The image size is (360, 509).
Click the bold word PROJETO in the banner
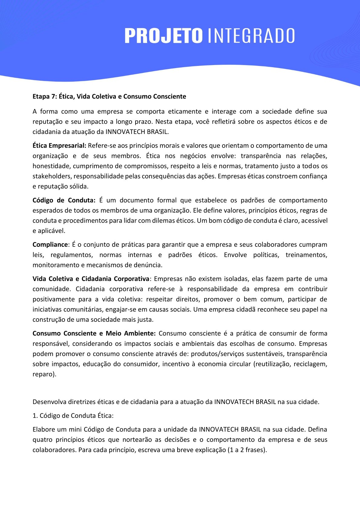pyautogui.click(x=163, y=36)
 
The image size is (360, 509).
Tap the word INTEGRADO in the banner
pyautogui.click(x=251, y=36)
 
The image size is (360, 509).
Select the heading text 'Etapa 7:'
pyautogui.click(x=45, y=96)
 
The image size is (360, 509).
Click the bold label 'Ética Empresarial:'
pyautogui.click(x=60, y=145)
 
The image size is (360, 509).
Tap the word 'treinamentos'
pyautogui.click(x=306, y=255)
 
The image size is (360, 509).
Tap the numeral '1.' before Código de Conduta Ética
pyautogui.click(x=35, y=416)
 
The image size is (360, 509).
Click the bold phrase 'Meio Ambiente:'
pyautogui.click(x=131, y=333)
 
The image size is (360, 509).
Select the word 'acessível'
pyautogui.click(x=314, y=220)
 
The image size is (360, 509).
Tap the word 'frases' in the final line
pyautogui.click(x=255, y=450)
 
